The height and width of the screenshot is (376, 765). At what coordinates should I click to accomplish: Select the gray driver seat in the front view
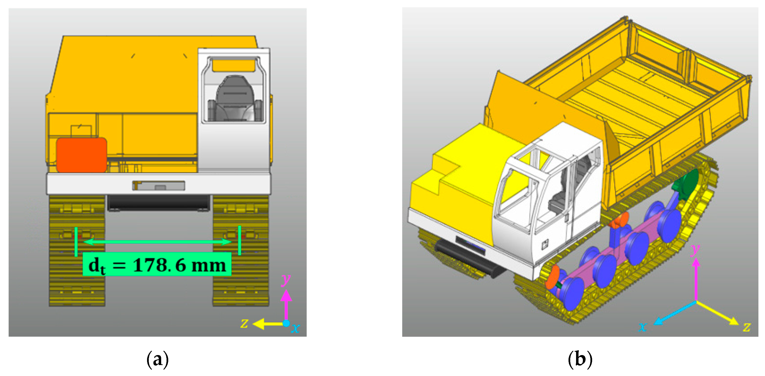point(235,99)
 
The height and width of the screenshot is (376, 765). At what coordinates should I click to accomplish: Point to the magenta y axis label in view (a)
point(286,279)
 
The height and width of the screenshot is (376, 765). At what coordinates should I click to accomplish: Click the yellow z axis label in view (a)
point(244,323)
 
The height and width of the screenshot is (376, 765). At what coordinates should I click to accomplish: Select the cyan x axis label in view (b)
point(643,327)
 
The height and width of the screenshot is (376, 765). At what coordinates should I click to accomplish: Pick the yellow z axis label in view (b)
point(746,327)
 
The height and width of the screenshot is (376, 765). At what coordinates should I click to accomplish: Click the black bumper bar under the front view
point(159,203)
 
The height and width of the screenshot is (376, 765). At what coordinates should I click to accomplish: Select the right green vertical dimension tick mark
point(239,240)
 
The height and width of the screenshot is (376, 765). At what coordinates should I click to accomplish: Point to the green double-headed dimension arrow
point(157,242)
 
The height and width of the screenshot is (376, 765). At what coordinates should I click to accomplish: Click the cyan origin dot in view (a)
point(286,323)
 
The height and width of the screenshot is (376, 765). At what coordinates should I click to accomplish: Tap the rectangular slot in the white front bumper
point(159,185)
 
